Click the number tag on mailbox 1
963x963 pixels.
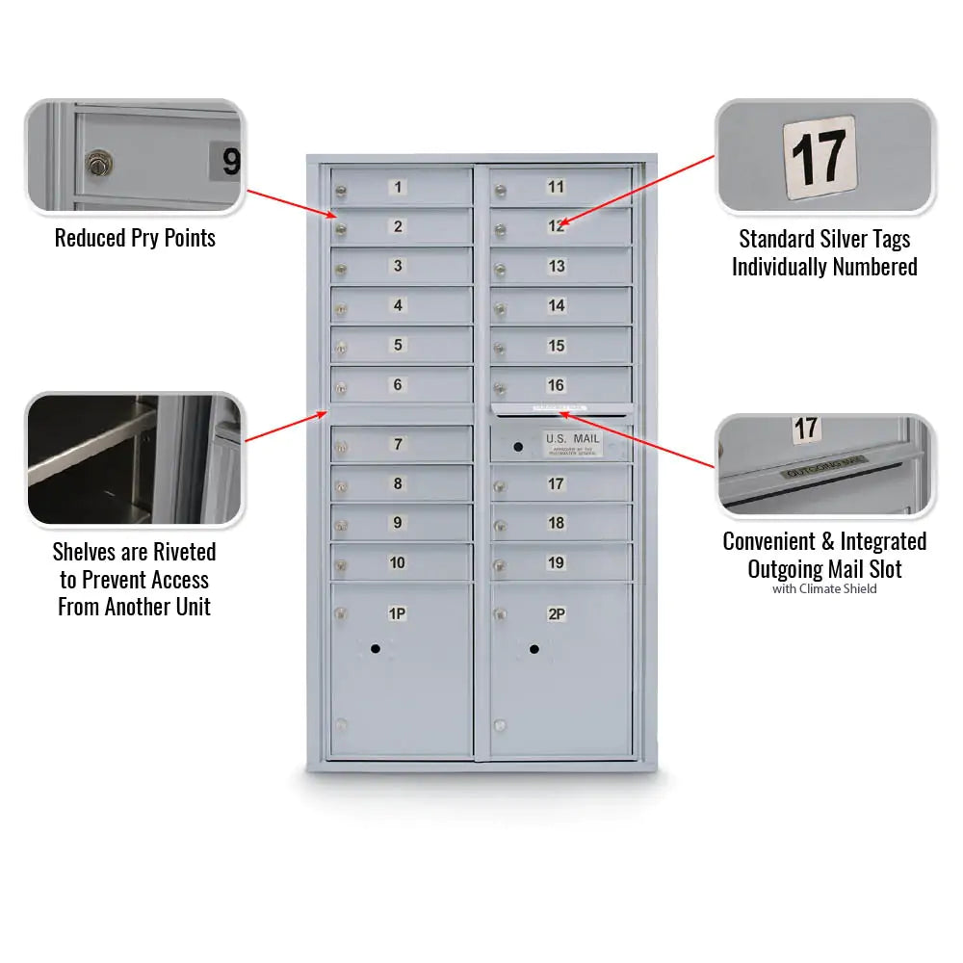(398, 187)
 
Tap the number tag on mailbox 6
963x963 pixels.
(398, 385)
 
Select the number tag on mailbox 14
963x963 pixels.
(557, 306)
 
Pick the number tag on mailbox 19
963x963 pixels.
(557, 562)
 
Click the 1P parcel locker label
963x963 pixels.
(397, 613)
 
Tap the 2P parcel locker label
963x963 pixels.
(557, 613)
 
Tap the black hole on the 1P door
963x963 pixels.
(376, 649)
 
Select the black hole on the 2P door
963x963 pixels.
(534, 649)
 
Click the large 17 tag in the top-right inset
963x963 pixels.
(819, 157)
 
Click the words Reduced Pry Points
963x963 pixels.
(135, 238)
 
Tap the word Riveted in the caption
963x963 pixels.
(183, 552)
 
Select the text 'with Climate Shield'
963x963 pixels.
(824, 589)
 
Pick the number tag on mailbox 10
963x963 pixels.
(398, 562)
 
